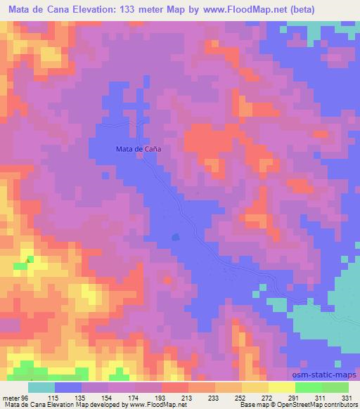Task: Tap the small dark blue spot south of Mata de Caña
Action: point(175,236)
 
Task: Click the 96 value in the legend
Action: point(25,398)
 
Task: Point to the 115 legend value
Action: point(54,398)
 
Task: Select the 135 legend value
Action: point(82,398)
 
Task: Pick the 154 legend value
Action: point(109,398)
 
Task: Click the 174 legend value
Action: point(136,398)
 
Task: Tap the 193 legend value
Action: point(164,398)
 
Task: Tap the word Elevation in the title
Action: point(87,9)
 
